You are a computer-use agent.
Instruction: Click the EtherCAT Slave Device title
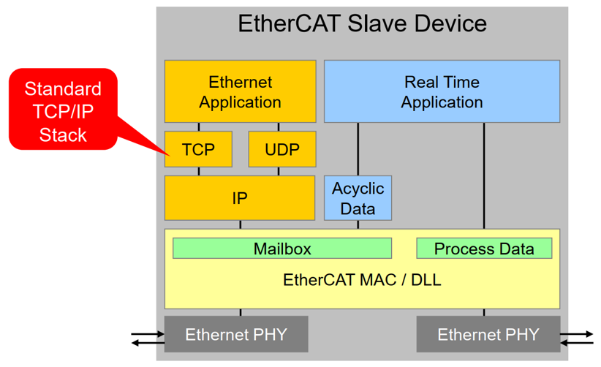[362, 23]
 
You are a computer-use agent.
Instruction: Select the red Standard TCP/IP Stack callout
[63, 109]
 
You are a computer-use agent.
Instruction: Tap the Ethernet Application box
[241, 91]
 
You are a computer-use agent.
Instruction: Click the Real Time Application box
[442, 91]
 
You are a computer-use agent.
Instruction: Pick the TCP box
[198, 149]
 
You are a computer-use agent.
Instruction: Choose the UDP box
[282, 149]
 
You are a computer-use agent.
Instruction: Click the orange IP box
[240, 198]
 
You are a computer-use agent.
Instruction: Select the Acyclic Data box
[358, 198]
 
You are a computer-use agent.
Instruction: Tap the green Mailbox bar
[282, 249]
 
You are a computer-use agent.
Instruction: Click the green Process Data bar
[484, 249]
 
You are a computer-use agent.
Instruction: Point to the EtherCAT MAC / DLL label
[362, 280]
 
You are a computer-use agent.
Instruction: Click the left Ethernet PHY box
[236, 334]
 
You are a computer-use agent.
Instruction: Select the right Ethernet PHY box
[488, 334]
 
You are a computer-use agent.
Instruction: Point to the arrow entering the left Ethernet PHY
[148, 334]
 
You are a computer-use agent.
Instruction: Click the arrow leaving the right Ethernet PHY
[577, 334]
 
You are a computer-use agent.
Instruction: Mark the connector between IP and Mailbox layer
[241, 225]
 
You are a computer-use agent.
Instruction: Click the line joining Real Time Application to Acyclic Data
[358, 149]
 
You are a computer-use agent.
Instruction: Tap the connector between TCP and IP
[199, 171]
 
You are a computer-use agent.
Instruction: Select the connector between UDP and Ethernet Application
[279, 127]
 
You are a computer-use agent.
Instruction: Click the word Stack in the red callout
[63, 135]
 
